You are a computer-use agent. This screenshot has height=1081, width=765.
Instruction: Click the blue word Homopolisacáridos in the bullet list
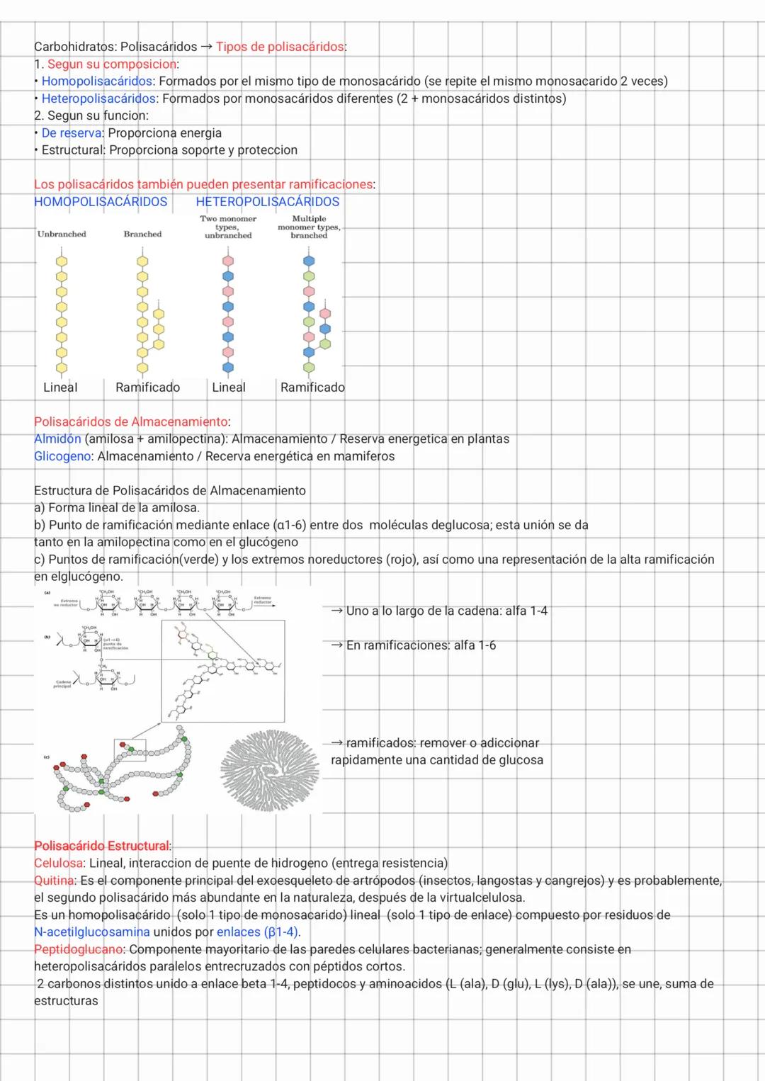97,81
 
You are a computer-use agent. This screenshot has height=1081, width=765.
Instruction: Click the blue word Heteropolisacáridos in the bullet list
98,98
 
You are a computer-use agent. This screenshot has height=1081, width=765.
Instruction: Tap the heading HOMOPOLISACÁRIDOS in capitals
101,202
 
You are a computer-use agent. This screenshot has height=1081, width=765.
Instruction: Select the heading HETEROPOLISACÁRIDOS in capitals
267,202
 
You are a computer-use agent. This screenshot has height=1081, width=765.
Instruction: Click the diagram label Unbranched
62,234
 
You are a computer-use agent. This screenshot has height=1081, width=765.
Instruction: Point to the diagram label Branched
142,234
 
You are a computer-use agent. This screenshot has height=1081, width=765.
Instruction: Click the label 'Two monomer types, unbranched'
228,227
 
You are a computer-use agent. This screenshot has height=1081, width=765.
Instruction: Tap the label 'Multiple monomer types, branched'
309,227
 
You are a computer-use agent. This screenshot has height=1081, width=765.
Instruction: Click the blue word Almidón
57,439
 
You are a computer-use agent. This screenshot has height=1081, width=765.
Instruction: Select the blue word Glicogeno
63,456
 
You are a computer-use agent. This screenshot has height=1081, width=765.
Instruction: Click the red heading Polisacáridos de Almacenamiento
131,422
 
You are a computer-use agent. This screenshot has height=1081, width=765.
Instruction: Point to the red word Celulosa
58,863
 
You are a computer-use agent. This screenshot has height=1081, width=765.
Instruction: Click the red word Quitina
54,881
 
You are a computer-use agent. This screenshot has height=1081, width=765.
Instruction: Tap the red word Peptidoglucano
79,949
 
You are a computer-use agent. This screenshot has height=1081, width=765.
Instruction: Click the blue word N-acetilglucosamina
92,932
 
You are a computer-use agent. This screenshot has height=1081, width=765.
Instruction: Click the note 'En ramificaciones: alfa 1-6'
421,645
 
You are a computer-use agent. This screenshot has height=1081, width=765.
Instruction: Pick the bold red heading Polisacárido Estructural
102,846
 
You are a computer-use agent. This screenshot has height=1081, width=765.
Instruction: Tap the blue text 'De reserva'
72,133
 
